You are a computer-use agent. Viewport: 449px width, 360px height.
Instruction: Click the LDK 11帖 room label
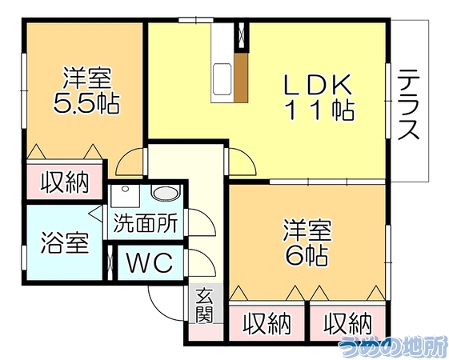pyautogui.click(x=319, y=98)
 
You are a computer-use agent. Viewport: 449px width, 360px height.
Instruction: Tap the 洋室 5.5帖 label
pyautogui.click(x=86, y=90)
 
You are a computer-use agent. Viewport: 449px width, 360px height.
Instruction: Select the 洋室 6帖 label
pyautogui.click(x=307, y=242)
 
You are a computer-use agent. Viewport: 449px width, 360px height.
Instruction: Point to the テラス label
pyautogui.click(x=409, y=105)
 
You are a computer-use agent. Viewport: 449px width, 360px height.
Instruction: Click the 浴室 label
pyautogui.click(x=65, y=242)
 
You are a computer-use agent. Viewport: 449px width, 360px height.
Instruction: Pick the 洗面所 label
pyautogui.click(x=146, y=222)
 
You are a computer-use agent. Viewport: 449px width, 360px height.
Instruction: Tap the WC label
pyautogui.click(x=150, y=262)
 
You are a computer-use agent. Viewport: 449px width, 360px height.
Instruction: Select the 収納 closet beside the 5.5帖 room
pyautogui.click(x=65, y=182)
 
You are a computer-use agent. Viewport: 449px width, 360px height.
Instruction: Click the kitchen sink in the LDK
pyautogui.click(x=222, y=78)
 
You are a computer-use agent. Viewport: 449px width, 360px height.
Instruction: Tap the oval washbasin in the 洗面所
pyautogui.click(x=166, y=193)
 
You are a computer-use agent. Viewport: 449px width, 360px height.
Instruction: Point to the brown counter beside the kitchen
pyautogui.click(x=241, y=78)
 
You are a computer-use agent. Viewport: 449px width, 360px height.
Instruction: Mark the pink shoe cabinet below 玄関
pyautogui.click(x=206, y=332)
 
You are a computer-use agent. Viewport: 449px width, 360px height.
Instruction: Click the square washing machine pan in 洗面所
pyautogui.click(x=125, y=196)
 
